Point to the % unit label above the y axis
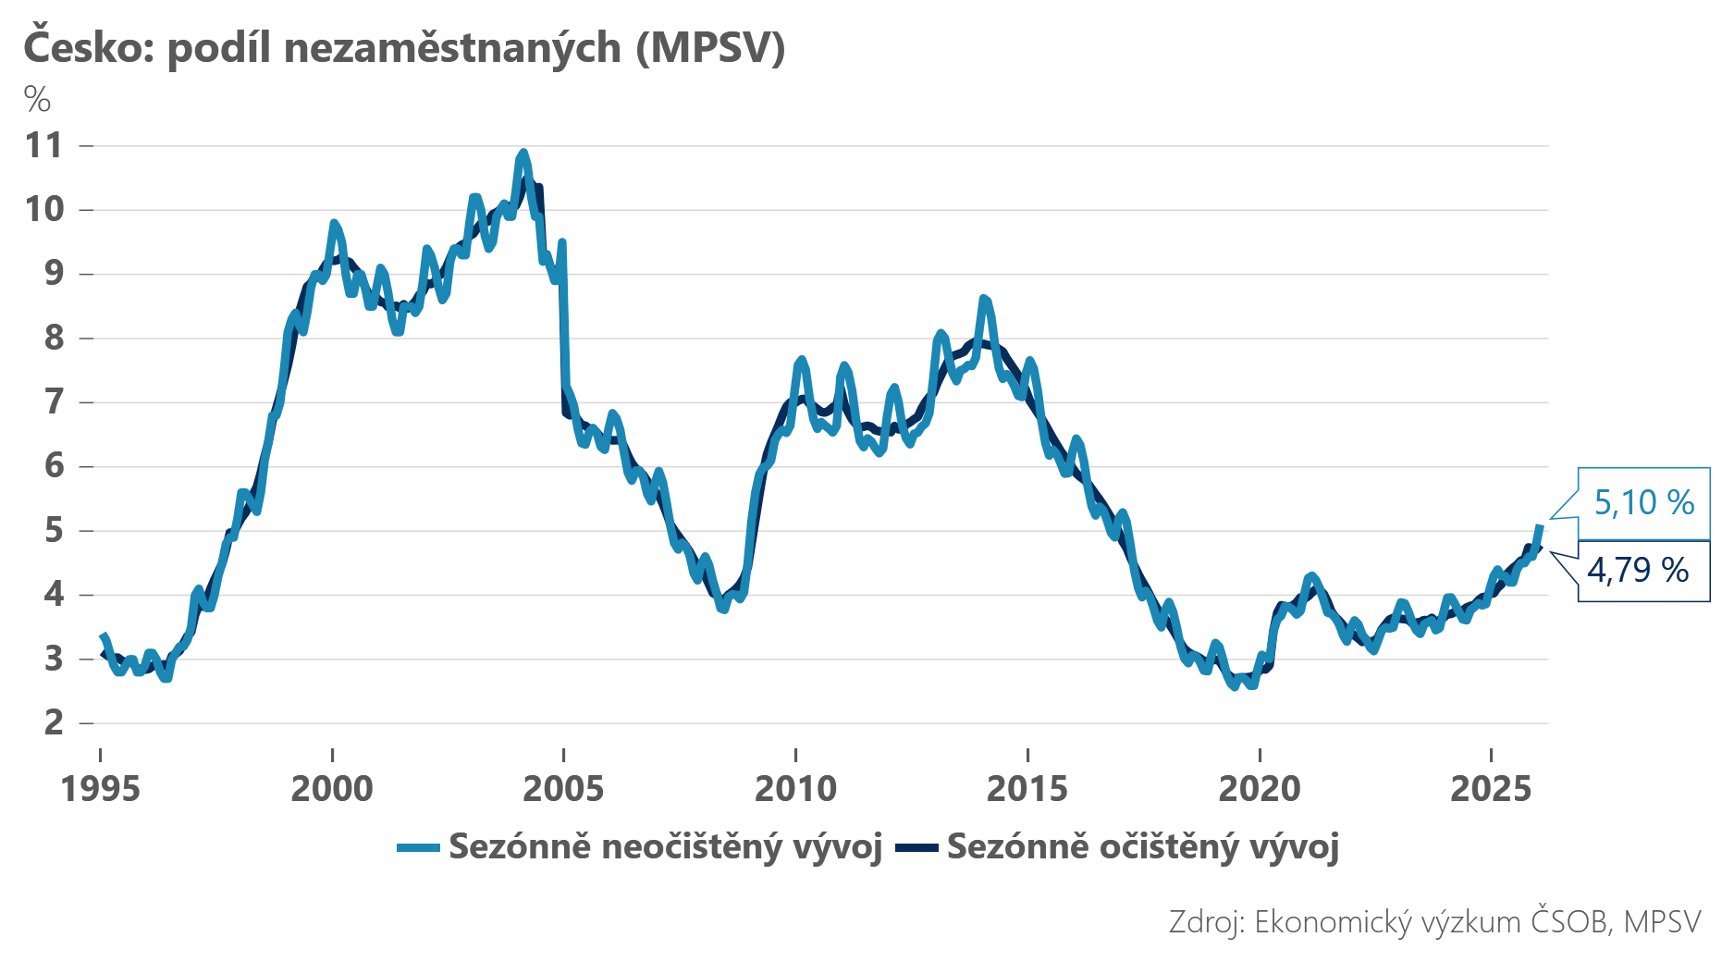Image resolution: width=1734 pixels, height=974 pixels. point(37,99)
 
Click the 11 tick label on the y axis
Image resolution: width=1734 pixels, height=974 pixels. point(44,146)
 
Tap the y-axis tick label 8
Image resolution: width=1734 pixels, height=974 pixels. point(54,338)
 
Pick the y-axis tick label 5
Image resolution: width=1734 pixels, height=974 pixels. point(54,531)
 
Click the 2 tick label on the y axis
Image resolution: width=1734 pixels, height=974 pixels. point(54,722)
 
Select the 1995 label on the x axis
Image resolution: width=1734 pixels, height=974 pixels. point(100,789)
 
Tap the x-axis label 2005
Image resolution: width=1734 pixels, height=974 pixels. point(563,789)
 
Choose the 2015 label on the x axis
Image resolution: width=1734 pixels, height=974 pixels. point(1027,789)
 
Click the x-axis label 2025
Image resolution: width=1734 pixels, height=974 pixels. point(1491,789)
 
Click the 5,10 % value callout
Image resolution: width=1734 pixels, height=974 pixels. point(1643,503)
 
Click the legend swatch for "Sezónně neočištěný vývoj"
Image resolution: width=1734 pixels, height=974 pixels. point(417,848)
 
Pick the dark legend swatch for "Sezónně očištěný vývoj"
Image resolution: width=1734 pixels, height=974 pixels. point(916,848)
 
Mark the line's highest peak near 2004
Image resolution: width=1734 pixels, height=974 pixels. point(523,154)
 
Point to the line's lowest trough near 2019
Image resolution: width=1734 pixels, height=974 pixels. point(1234,686)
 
